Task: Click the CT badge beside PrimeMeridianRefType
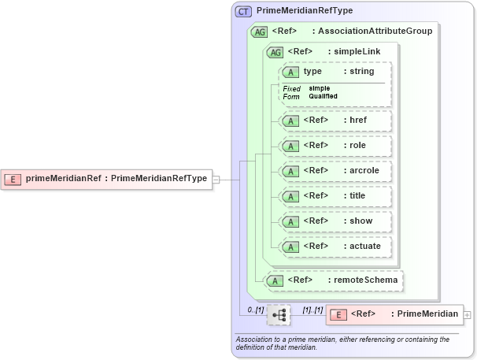tap(244, 11)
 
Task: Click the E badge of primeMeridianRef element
tap(13, 178)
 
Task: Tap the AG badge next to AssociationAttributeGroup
tap(259, 32)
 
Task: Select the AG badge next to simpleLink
tap(275, 52)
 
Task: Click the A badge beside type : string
tap(291, 72)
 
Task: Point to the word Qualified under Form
tap(324, 96)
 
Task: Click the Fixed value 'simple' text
tap(320, 88)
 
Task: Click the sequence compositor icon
tap(279, 314)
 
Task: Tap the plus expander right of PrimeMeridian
tap(468, 314)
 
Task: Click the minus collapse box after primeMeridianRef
tap(216, 179)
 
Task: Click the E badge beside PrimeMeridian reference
tap(338, 314)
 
